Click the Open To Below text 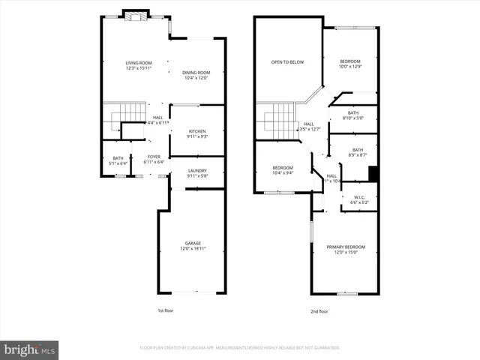tap(287, 62)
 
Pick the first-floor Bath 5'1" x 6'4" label tap(118, 160)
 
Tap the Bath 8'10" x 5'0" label tap(353, 115)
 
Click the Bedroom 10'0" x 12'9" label tap(350, 64)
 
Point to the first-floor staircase tap(125, 119)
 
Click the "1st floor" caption tap(165, 310)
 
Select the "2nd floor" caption tap(319, 311)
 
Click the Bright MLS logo tap(30, 349)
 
